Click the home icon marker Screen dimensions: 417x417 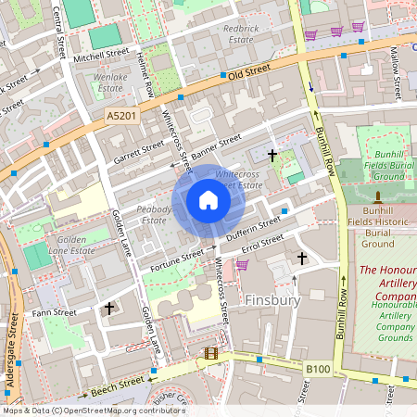click(208, 199)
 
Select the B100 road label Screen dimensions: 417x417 click(318, 369)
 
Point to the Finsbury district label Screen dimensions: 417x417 click(274, 301)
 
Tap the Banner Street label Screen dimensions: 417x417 click(217, 145)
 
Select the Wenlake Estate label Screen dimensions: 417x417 click(110, 82)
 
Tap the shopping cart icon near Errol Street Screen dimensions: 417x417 click(242, 265)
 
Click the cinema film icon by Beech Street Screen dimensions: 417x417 click(210, 353)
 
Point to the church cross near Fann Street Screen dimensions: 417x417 click(109, 307)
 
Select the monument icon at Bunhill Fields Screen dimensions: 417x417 click(378, 196)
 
